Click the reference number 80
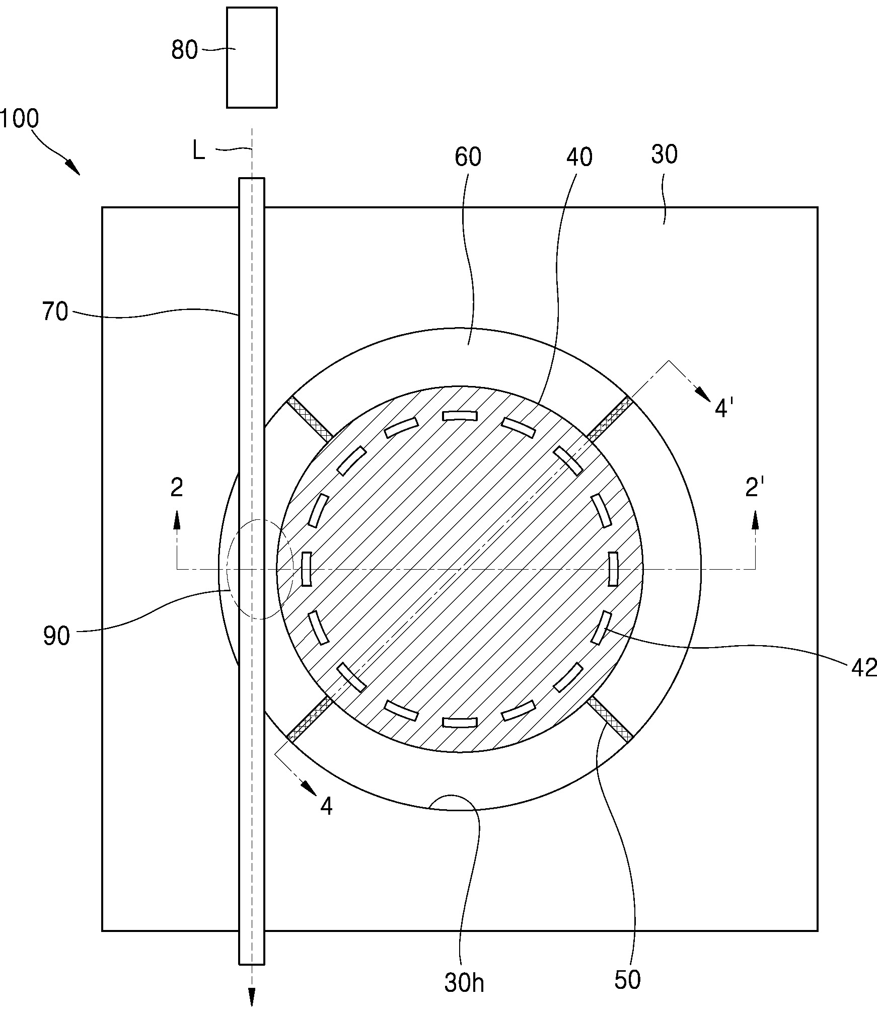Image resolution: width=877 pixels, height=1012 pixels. click(x=184, y=50)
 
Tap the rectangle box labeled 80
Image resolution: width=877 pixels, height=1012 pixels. click(x=252, y=57)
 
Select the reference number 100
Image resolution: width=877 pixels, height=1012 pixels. click(x=19, y=119)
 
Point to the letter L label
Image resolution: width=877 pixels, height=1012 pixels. click(x=199, y=151)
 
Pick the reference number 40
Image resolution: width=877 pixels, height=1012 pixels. click(x=579, y=158)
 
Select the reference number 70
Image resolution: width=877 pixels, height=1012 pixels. click(x=55, y=312)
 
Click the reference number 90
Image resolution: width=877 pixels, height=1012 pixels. click(x=56, y=636)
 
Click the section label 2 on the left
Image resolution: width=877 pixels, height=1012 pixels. click(x=177, y=488)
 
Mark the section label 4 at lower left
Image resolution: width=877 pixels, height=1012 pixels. click(x=326, y=807)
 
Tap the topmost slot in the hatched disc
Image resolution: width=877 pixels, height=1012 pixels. click(x=459, y=415)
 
